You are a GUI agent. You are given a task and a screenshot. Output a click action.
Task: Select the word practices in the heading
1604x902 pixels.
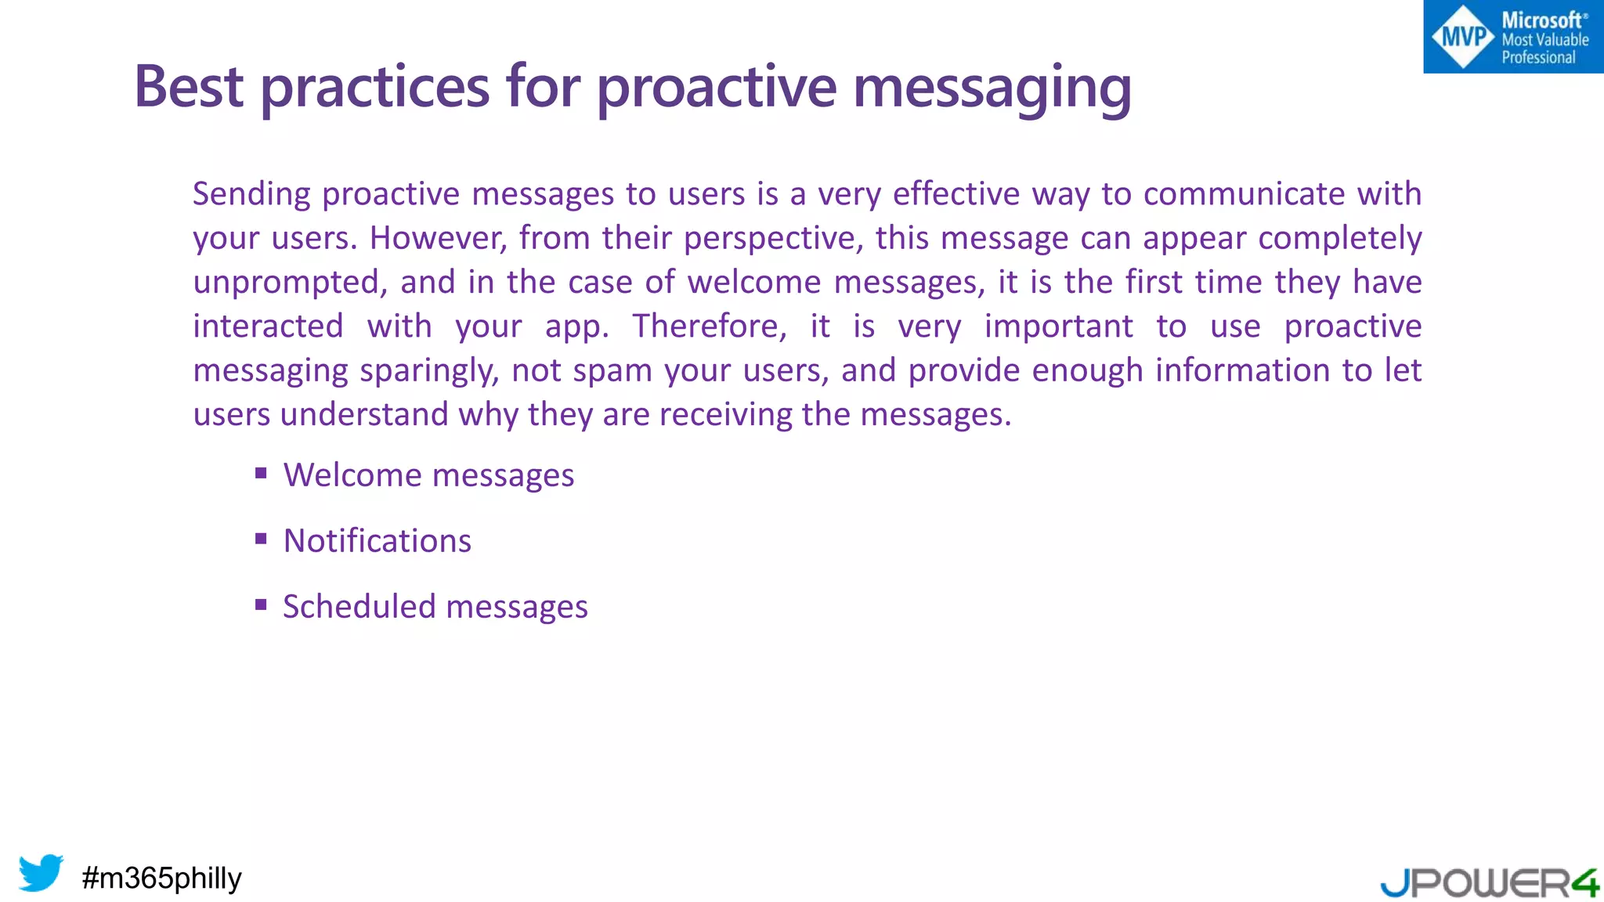point(375,88)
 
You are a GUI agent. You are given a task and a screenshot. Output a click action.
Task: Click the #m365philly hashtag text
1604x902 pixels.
point(161,878)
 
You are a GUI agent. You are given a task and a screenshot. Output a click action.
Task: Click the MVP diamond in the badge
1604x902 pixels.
point(1462,37)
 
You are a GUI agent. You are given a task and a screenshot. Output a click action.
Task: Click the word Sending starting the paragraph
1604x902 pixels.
point(251,194)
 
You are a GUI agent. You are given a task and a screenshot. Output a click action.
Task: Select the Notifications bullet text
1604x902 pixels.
point(378,541)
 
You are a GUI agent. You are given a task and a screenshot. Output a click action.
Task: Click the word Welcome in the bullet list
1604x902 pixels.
point(352,475)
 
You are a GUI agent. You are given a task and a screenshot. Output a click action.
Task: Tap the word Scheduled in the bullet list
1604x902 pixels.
point(359,607)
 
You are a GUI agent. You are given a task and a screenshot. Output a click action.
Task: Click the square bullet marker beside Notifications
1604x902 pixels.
point(262,539)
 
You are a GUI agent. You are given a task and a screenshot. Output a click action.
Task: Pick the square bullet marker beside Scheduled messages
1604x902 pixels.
point(262,604)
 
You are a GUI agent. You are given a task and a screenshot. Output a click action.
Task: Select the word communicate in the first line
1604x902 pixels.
point(1244,194)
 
